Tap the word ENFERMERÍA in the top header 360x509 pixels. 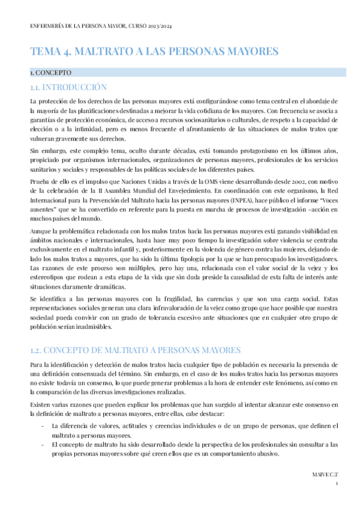coord(49,27)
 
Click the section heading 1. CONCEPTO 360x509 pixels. coord(50,73)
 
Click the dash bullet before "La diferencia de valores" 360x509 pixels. coord(39,426)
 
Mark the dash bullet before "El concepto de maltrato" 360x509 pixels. coord(39,445)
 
